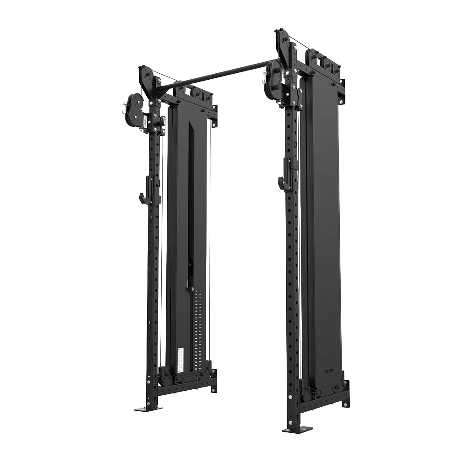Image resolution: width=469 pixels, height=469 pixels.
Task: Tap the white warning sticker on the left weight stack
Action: [x=180, y=359]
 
